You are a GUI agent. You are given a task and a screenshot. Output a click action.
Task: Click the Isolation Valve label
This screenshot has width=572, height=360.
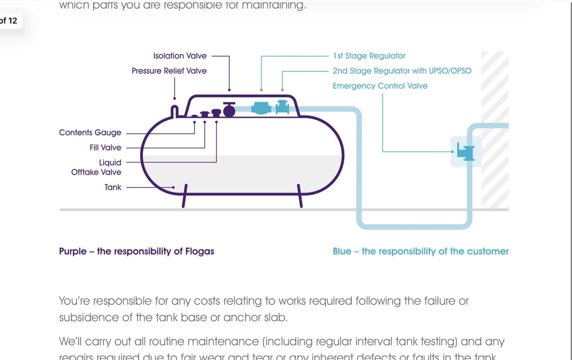pyautogui.click(x=180, y=56)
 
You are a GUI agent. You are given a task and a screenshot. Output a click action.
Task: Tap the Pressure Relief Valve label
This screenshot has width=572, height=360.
pyautogui.click(x=169, y=71)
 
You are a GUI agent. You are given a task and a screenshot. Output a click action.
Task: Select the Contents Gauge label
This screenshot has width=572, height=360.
pyautogui.click(x=90, y=133)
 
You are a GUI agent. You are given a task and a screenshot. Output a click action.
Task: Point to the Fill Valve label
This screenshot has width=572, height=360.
pyautogui.click(x=105, y=148)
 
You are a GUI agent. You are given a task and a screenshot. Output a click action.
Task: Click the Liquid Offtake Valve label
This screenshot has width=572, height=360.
pyautogui.click(x=96, y=167)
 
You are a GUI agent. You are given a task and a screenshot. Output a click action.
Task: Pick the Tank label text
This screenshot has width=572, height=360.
pyautogui.click(x=113, y=187)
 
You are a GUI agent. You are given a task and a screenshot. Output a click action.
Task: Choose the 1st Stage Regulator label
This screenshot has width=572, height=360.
pyautogui.click(x=369, y=56)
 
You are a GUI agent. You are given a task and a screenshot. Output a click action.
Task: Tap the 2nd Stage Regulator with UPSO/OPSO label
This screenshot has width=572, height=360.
pyautogui.click(x=402, y=71)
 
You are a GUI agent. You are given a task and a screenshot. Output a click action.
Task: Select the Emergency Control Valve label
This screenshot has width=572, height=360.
pyautogui.click(x=380, y=86)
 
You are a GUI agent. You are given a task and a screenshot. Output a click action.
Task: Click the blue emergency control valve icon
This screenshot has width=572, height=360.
pyautogui.click(x=466, y=152)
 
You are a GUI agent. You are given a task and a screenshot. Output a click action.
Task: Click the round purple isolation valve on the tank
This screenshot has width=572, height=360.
pyautogui.click(x=229, y=111)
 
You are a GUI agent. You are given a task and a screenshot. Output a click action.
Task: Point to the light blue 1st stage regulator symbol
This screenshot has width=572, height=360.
pyautogui.click(x=261, y=108)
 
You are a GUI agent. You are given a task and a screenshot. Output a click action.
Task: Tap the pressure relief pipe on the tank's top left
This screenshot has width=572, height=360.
pyautogui.click(x=174, y=111)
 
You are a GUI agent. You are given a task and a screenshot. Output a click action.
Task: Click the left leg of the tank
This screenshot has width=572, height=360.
pyautogui.click(x=184, y=196)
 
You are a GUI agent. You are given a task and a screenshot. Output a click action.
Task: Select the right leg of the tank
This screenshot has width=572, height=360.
pyautogui.click(x=300, y=196)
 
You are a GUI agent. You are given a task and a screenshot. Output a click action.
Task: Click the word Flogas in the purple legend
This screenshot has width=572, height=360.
pyautogui.click(x=199, y=251)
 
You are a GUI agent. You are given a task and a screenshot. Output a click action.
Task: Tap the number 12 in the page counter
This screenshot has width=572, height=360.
pyautogui.click(x=13, y=21)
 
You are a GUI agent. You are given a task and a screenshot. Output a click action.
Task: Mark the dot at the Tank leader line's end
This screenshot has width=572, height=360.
pyautogui.click(x=173, y=187)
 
